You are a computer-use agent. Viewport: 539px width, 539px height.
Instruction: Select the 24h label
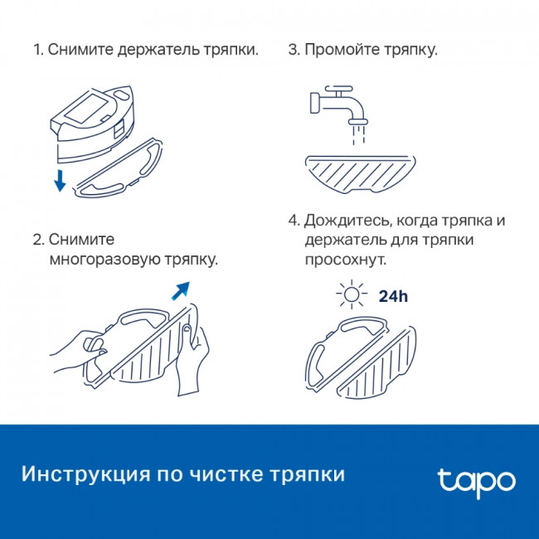pos(392,296)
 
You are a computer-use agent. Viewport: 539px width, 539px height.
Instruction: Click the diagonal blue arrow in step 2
pos(180,291)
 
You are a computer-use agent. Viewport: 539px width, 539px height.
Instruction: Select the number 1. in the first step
pos(38,50)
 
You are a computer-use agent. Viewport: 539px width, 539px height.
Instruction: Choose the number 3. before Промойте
pos(294,50)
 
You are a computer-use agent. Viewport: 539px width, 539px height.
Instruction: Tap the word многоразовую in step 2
pos(102,260)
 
